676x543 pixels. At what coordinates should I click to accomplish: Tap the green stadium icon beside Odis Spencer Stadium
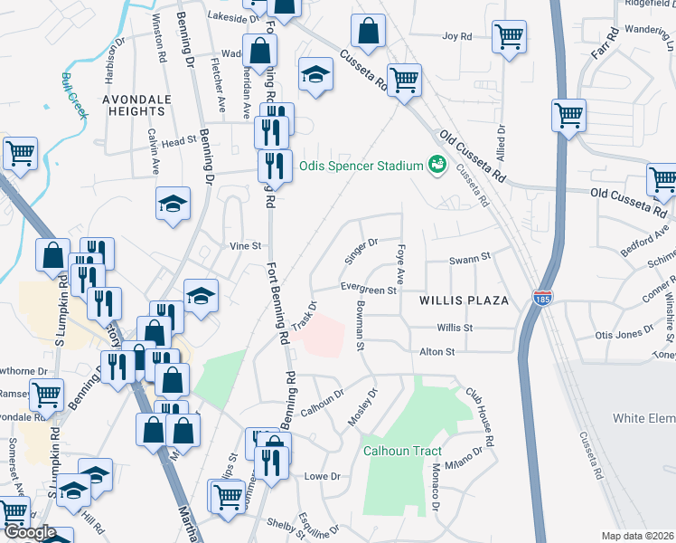pyautogui.click(x=437, y=165)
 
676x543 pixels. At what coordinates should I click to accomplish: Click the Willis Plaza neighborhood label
pyautogui.click(x=464, y=299)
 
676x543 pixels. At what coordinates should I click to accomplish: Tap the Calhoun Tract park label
pyautogui.click(x=402, y=452)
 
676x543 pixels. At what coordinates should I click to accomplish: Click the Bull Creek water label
pyautogui.click(x=74, y=96)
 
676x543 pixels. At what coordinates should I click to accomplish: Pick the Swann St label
pyautogui.click(x=470, y=258)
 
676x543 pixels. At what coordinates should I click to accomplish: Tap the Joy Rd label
pyautogui.click(x=457, y=36)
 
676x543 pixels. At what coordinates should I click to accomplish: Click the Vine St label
pyautogui.click(x=245, y=245)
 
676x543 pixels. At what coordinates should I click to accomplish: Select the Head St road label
pyautogui.click(x=179, y=142)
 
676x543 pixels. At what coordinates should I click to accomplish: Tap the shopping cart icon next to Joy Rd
pyautogui.click(x=510, y=38)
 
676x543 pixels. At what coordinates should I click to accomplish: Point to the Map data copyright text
pyautogui.click(x=638, y=536)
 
